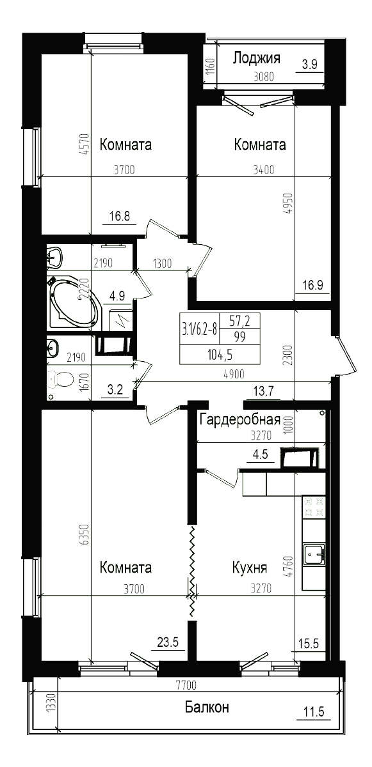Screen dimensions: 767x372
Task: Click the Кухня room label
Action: [x=250, y=568]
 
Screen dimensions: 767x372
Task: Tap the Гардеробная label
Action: [x=240, y=419]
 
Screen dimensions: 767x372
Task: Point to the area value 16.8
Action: [x=119, y=215]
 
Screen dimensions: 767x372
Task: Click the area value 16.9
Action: [x=312, y=285]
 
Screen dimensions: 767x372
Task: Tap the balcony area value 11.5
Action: [x=314, y=711]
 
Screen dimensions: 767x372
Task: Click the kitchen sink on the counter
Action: [x=314, y=554]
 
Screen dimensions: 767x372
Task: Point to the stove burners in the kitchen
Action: [x=314, y=506]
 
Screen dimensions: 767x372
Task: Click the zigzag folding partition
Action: [x=190, y=572]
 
